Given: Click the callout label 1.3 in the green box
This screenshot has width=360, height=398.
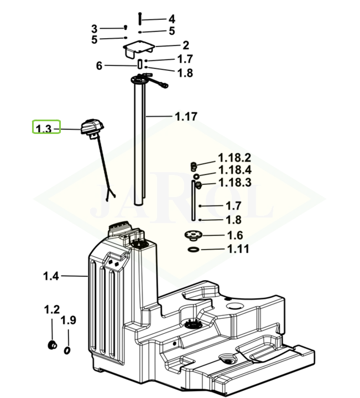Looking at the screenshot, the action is pos(44,128).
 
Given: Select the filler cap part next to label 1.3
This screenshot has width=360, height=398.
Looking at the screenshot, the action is pos(92,126).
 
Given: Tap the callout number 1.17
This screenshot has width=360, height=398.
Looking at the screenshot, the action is pos(186,116).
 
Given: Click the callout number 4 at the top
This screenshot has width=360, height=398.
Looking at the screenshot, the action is pos(171,19).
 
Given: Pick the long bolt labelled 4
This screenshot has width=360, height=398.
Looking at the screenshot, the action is pos(140,18).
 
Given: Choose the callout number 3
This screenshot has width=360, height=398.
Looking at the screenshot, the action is pos(95,29).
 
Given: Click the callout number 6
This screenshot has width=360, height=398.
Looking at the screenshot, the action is pos(99,66).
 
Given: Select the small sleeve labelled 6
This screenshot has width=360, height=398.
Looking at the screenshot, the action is pos(140,64).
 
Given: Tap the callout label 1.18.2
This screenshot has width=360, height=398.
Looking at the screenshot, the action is pos(234,158).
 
